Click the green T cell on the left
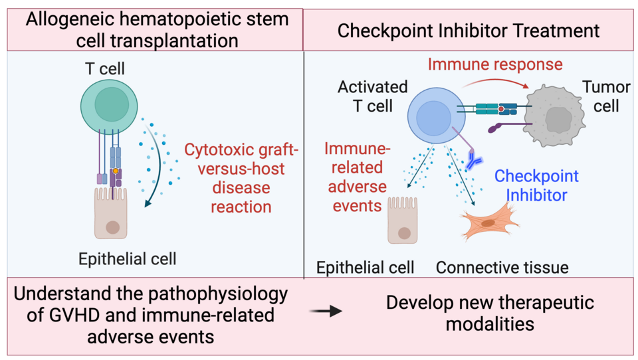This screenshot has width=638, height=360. tap(108, 105)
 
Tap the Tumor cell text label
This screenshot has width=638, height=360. tap(601, 96)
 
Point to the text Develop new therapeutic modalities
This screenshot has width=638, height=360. tap(490, 314)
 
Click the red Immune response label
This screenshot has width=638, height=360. tap(495, 65)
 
